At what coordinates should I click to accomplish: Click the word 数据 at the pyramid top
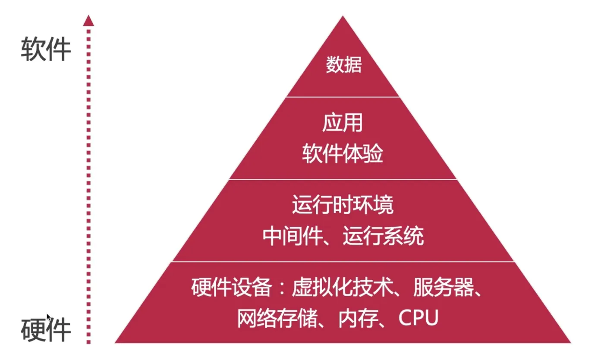tap(343, 66)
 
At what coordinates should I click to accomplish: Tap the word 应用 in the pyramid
tap(342, 123)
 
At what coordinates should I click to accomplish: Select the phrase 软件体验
tap(342, 154)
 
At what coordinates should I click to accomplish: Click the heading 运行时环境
tap(343, 205)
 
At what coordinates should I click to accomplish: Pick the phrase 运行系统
tap(383, 236)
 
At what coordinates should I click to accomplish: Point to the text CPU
tap(418, 319)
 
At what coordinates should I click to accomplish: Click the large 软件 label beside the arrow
tap(46, 49)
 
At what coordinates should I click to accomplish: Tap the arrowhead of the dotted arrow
tap(88, 20)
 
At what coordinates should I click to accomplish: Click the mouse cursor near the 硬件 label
tap(48, 317)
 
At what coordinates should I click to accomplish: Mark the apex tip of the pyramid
tap(343, 17)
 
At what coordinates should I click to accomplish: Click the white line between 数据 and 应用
tap(343, 97)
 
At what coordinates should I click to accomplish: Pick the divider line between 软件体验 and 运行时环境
tap(343, 179)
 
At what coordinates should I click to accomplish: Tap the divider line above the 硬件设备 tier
tap(343, 261)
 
